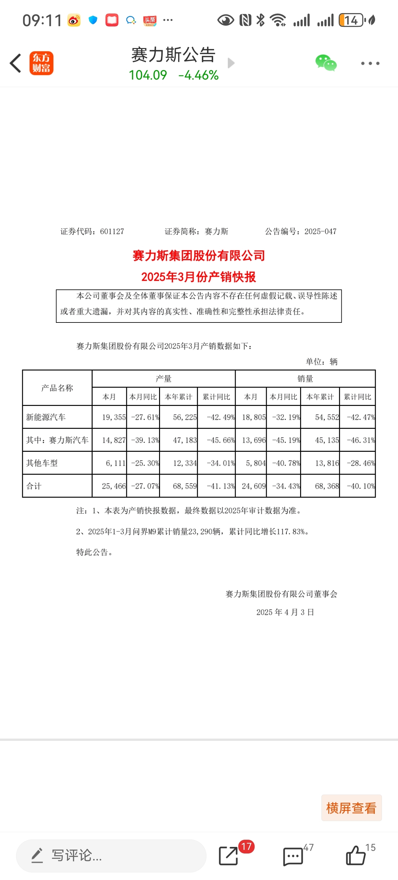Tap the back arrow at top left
(15, 63)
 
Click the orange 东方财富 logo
(41, 63)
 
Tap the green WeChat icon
(326, 63)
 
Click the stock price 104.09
(148, 75)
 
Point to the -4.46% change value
(198, 75)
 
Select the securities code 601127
(112, 231)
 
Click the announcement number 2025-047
(320, 231)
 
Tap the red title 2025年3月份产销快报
(198, 277)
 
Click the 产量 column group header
(163, 378)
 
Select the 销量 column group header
(305, 378)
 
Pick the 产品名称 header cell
(57, 388)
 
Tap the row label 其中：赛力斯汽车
(57, 440)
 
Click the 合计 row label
(34, 486)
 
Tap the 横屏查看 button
(351, 808)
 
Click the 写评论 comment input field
(111, 855)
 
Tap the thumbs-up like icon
(355, 855)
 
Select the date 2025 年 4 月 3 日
(285, 612)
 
